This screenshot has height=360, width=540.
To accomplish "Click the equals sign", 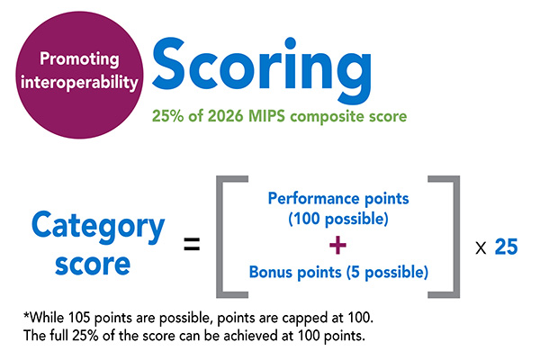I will tap(191, 244).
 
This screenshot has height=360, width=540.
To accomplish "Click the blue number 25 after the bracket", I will tap(506, 245).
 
